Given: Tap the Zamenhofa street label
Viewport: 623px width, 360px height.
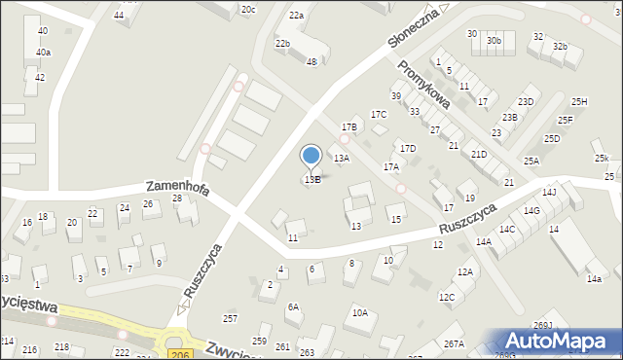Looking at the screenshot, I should click(x=177, y=187).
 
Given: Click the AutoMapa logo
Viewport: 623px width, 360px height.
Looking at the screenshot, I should click(x=561, y=341).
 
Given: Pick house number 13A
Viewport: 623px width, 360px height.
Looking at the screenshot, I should click(x=341, y=158).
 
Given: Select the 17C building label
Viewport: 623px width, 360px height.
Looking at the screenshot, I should click(x=378, y=115).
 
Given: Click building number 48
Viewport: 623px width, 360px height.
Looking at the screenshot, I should click(x=311, y=62).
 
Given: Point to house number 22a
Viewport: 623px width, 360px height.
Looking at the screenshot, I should click(x=296, y=16).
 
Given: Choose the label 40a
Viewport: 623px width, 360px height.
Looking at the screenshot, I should click(x=43, y=53).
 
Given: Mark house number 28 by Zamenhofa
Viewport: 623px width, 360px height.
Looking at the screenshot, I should click(x=176, y=198).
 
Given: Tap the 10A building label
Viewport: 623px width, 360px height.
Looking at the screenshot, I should click(x=359, y=312).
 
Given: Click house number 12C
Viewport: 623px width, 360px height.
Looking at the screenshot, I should click(x=446, y=297).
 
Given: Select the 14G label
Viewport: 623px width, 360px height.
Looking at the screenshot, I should click(x=531, y=210).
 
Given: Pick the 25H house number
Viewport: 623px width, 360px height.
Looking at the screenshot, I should click(x=579, y=102).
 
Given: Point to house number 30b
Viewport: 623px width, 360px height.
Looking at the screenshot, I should click(x=495, y=41).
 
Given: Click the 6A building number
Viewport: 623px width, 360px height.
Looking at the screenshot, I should click(x=293, y=306).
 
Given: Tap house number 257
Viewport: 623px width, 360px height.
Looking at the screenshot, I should click(x=230, y=319).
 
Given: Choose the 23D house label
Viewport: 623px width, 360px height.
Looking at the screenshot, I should click(x=526, y=102).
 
